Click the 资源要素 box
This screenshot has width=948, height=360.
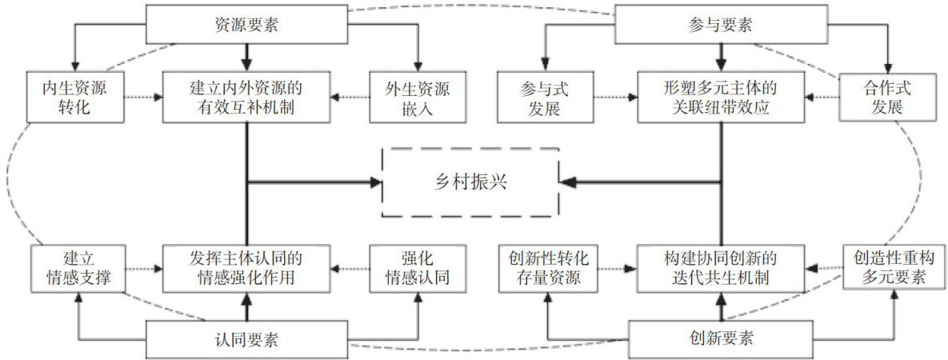pos(246,24)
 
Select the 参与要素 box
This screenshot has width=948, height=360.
pos(721,24)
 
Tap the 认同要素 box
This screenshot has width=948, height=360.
pos(246,338)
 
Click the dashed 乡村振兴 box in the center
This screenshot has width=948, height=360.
pos(468,182)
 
